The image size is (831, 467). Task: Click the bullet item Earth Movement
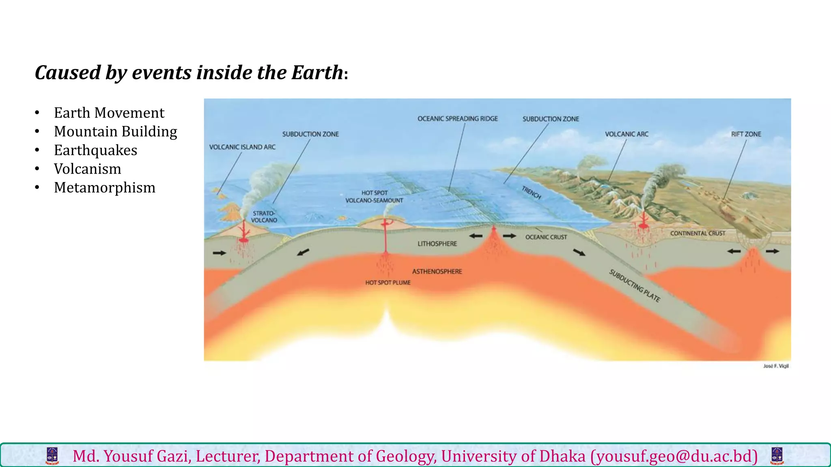(109, 113)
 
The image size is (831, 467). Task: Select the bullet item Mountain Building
(115, 131)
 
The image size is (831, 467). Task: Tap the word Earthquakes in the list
(95, 150)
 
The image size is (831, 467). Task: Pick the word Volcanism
(88, 169)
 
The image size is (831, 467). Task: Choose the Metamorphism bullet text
(105, 187)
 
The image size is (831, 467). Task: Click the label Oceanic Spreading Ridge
(457, 119)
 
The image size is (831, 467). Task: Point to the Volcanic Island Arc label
(242, 147)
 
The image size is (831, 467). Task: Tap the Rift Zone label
(746, 134)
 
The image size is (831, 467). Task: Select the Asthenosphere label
(437, 272)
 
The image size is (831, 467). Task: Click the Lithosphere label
(437, 244)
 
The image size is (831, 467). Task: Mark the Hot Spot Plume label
(388, 283)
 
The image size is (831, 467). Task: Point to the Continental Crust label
(698, 233)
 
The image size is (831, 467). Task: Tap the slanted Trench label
(531, 193)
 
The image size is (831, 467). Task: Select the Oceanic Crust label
(546, 237)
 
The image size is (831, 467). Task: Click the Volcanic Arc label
(626, 134)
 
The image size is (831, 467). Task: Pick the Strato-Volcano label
(264, 217)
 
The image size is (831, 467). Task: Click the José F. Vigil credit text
(776, 366)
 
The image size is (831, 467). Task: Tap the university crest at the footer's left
(52, 456)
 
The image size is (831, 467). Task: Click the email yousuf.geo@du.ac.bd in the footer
(674, 456)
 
